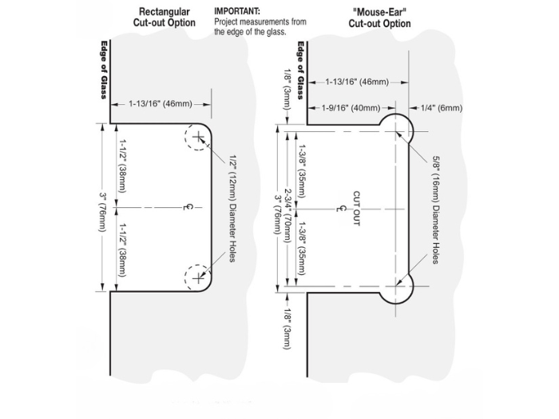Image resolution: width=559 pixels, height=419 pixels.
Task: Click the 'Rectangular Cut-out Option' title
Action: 165,18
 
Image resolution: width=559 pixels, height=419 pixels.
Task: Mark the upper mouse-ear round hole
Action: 397,127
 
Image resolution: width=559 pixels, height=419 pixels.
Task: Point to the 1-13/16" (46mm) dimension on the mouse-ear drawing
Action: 356,82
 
